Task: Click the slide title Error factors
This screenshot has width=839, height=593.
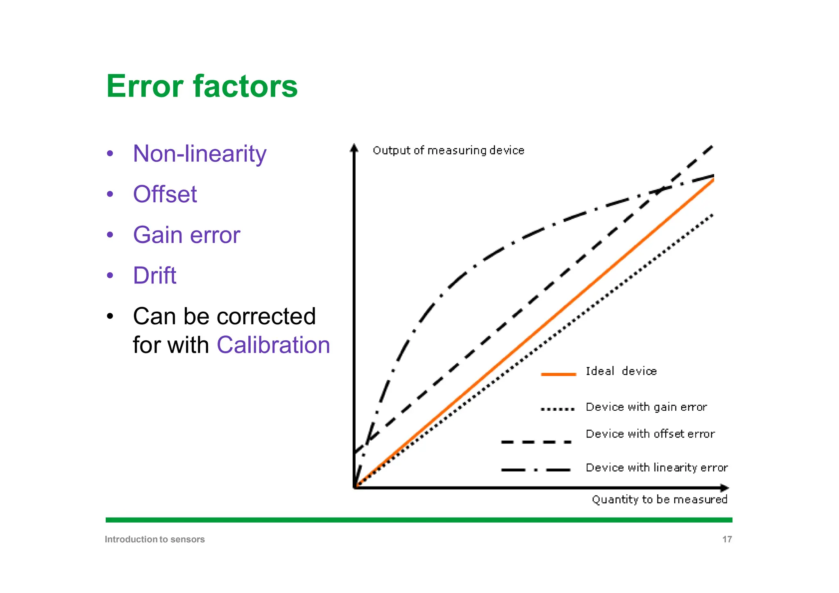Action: click(202, 86)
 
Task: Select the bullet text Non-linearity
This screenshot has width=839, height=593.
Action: click(200, 154)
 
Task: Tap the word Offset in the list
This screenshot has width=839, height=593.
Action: click(165, 194)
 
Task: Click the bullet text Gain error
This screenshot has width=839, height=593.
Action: click(186, 235)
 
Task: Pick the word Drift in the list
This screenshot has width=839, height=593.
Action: click(154, 276)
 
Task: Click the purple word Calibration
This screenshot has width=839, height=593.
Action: click(273, 345)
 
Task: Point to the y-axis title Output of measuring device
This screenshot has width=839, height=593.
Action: click(448, 151)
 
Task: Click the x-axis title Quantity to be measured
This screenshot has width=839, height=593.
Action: click(659, 500)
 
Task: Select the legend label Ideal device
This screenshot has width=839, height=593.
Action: click(621, 371)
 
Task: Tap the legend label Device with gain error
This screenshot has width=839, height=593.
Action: click(646, 407)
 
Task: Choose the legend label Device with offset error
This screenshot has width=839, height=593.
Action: click(650, 434)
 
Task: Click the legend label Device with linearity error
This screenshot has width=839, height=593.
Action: click(656, 468)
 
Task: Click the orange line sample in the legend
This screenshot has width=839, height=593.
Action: click(558, 374)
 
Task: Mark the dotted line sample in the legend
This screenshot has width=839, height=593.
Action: click(558, 409)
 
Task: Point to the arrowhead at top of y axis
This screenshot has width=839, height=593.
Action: click(354, 147)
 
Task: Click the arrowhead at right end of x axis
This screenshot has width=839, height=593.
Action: click(725, 488)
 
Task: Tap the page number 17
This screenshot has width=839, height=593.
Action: click(727, 539)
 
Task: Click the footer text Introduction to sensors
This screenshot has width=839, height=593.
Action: click(154, 539)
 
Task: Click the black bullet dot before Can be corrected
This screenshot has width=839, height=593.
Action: click(110, 317)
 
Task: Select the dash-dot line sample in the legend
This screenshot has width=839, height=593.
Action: click(536, 470)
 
